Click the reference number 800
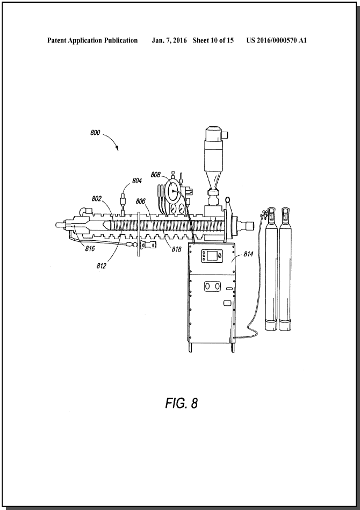[x=95, y=133]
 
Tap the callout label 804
[x=137, y=181]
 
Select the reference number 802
[x=97, y=199]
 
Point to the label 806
[x=140, y=202]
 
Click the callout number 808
[x=155, y=175]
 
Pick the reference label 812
[x=101, y=265]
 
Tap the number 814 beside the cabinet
[x=248, y=254]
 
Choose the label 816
[x=90, y=249]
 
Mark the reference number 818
[x=177, y=249]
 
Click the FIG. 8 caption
[x=182, y=403]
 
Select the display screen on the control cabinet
[x=212, y=256]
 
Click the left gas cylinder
[x=271, y=269]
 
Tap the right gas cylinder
[x=285, y=269]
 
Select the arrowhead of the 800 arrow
[x=117, y=148]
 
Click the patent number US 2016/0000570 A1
[x=276, y=40]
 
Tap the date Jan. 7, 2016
[x=169, y=40]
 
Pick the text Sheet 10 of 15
[x=213, y=40]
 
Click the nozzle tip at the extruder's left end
[x=59, y=225]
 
